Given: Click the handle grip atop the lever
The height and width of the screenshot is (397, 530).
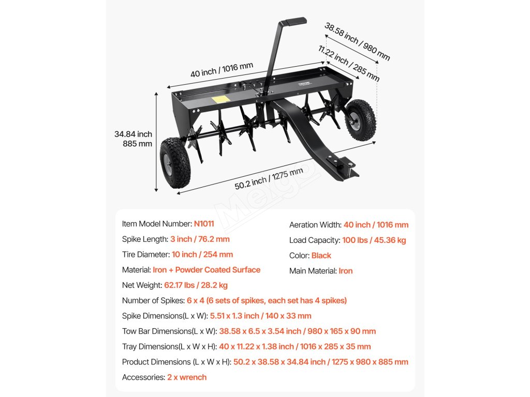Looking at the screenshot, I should (x=293, y=22).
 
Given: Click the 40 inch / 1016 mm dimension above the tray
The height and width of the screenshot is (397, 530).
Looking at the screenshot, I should (x=222, y=69).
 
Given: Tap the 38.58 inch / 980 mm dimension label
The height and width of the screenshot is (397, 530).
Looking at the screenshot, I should (x=357, y=41).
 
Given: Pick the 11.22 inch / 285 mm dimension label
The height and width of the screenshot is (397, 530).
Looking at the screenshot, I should (x=349, y=64).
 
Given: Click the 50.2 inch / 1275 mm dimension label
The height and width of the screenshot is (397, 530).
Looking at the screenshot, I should (x=269, y=179).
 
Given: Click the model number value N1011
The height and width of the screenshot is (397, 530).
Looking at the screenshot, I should (x=204, y=224).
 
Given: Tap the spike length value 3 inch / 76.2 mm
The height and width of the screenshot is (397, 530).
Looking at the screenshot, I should (x=200, y=239).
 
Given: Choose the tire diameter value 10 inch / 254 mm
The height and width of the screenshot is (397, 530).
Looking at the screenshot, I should (x=202, y=254).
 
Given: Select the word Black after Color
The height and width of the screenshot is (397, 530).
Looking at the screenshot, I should (x=321, y=255).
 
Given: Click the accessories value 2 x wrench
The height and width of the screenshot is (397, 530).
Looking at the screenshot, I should (x=187, y=377).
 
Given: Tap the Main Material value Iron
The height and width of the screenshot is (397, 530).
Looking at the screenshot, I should (x=346, y=271).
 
